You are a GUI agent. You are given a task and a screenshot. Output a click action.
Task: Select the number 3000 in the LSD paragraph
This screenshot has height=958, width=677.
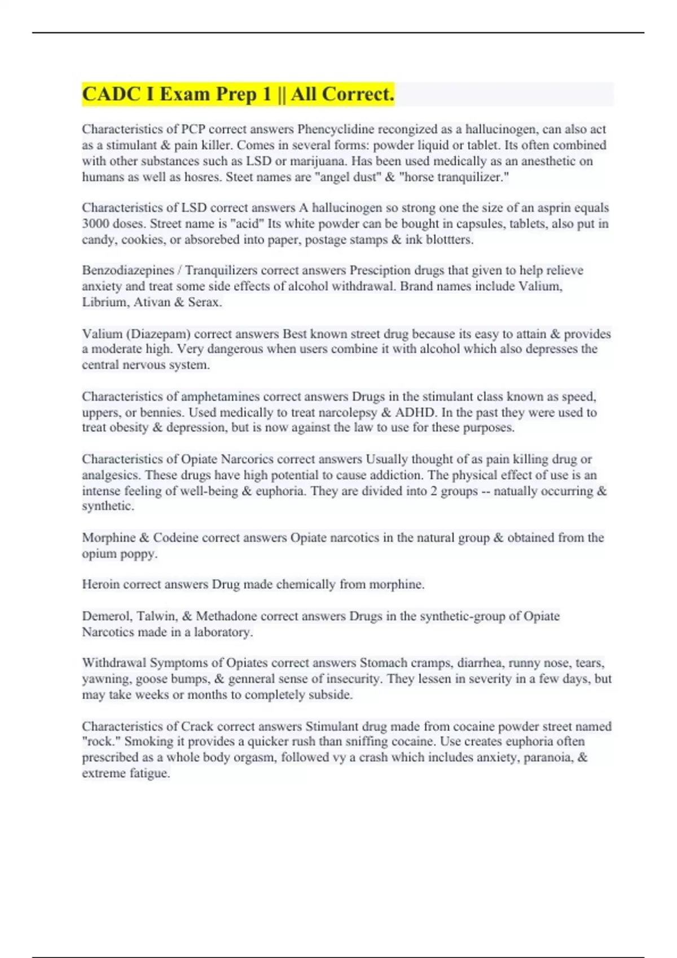tap(96, 224)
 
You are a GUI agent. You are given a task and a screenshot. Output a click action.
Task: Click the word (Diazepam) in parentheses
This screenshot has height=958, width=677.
tap(155, 334)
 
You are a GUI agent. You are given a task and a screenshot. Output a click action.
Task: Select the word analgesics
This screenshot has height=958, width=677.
tap(110, 475)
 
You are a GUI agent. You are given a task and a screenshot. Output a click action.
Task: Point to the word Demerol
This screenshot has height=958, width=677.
tap(106, 617)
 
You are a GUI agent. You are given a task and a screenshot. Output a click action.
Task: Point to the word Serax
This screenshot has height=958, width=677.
tap(204, 302)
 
